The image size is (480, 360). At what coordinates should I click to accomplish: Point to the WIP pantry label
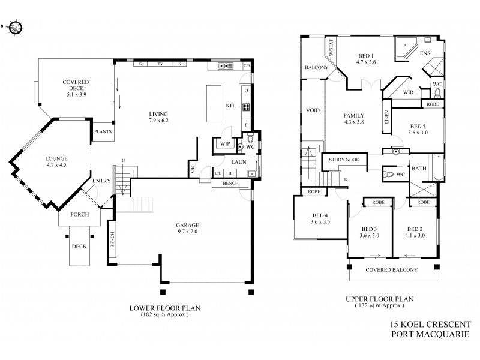pos(225,144)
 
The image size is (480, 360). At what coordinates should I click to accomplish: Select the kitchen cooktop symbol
pos(245,108)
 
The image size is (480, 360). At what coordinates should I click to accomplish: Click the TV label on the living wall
pos(160,64)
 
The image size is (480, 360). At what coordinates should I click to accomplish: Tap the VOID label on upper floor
pos(312,111)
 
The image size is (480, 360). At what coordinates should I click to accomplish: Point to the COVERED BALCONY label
pos(391,270)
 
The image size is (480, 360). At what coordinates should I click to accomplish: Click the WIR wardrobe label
pos(410,93)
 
